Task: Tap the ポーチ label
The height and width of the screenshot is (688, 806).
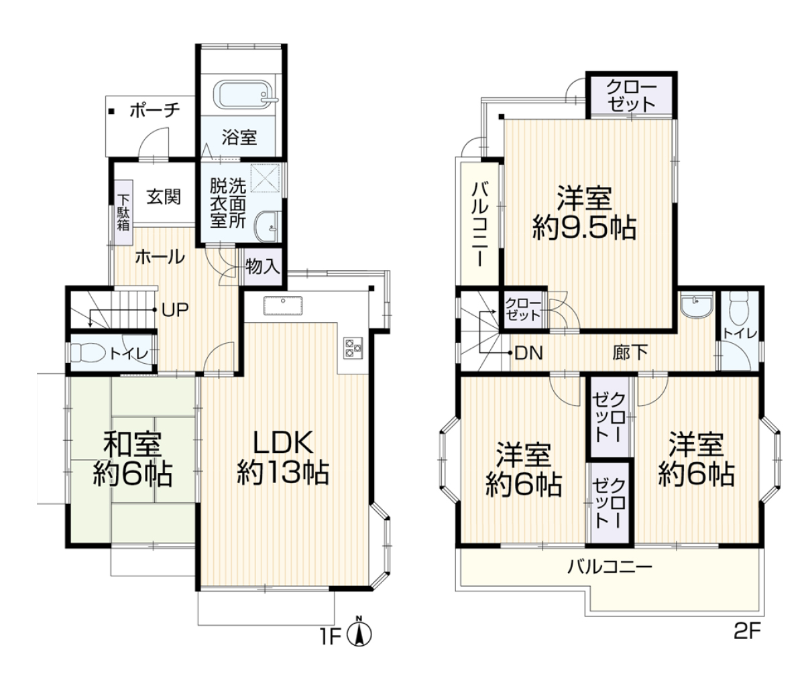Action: point(155,111)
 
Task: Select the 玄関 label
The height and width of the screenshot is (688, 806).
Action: point(164,196)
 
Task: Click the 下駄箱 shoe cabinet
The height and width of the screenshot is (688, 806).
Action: point(123,212)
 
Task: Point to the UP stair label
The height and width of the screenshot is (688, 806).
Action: point(175,309)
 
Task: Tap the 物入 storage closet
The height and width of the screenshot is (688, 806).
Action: point(262,267)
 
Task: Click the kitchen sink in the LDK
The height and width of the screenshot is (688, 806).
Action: point(283,305)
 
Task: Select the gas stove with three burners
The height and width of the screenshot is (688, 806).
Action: point(353,348)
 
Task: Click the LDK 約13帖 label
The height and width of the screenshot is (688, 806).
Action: point(284,458)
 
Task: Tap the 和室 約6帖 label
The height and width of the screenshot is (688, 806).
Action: point(132,460)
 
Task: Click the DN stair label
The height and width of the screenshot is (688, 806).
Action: point(529,353)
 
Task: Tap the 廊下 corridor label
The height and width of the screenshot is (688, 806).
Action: point(630,353)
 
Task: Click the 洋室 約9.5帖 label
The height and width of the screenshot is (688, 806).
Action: point(584,212)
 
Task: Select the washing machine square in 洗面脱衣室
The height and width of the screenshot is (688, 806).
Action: point(265,178)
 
